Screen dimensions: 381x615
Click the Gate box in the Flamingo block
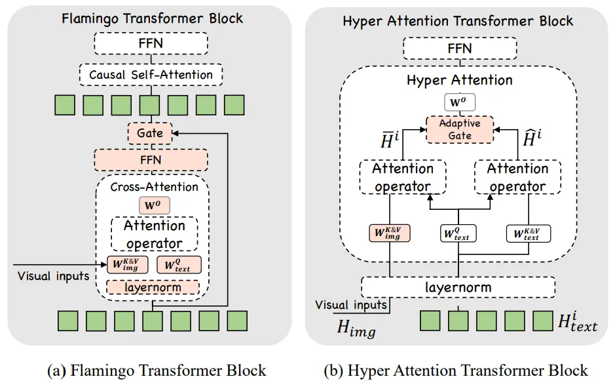pos(150,134)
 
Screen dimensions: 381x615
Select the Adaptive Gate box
pos(458,129)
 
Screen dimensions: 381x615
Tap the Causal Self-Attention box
pos(151,74)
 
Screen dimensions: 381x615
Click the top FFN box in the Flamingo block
pos(151,43)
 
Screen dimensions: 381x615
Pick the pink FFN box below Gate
pos(151,160)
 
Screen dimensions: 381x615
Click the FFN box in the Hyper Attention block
pos(458,48)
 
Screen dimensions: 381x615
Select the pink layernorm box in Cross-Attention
pos(152,287)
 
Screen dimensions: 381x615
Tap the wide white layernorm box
pos(458,287)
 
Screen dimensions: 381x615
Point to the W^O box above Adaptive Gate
pos(458,102)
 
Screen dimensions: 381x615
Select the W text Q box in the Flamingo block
pos(178,264)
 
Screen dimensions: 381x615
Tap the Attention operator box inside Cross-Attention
pos(154,234)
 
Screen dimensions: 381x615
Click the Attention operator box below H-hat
pos(517,177)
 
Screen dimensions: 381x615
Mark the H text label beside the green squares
pos(576,321)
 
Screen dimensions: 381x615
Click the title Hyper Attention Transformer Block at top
pos(458,21)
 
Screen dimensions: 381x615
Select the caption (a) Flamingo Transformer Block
pos(157,370)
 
